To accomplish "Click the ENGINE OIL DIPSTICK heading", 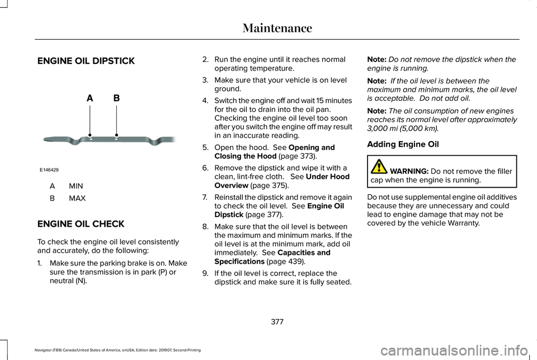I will [x=86, y=60].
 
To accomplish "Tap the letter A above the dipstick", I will [x=89, y=98].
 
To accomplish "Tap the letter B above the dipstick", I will [x=116, y=98].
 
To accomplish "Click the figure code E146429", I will [x=50, y=169].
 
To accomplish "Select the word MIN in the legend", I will [x=76, y=185].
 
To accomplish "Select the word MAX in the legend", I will [x=77, y=198].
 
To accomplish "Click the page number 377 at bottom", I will [x=277, y=321].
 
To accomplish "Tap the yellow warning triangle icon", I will [x=379, y=167].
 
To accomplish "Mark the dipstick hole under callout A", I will [x=90, y=136].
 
